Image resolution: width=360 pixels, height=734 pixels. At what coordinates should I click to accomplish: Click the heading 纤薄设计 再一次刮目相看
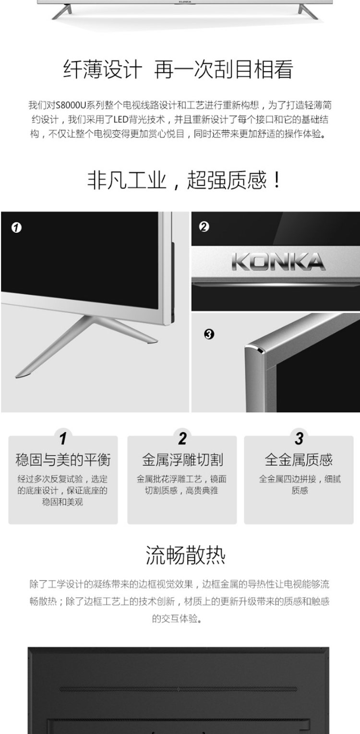[x=178, y=69]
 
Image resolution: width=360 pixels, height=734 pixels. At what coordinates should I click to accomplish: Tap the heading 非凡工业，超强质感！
[x=184, y=180]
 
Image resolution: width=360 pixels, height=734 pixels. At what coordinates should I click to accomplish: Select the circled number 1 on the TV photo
[x=16, y=227]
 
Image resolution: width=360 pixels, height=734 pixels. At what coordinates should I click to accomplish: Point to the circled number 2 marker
[x=204, y=227]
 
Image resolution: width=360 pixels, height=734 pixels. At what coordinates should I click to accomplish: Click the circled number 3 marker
[x=209, y=334]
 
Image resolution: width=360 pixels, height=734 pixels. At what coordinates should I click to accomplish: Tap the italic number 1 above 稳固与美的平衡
[x=63, y=438]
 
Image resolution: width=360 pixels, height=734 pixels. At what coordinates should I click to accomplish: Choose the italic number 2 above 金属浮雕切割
[x=182, y=438]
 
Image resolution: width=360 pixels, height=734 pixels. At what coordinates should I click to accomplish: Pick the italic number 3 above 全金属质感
[x=299, y=438]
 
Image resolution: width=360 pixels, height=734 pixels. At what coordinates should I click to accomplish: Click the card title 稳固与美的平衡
[x=63, y=460]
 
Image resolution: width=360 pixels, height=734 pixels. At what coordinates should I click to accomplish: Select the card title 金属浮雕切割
[x=182, y=460]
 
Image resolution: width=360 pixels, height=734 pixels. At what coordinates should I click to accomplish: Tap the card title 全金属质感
[x=299, y=460]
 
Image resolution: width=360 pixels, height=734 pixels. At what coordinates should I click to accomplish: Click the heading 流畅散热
[x=186, y=555]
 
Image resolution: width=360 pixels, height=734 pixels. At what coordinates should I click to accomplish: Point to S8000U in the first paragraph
[x=71, y=105]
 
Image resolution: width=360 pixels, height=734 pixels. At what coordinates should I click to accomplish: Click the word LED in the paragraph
[x=120, y=119]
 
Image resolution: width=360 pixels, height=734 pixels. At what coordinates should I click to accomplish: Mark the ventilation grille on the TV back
[x=179, y=689]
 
